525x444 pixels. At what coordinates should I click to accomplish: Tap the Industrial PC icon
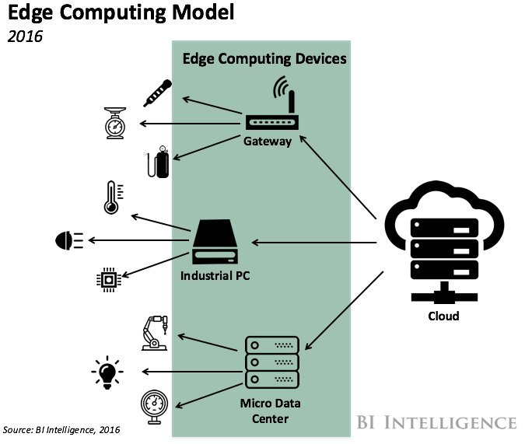tap(215, 242)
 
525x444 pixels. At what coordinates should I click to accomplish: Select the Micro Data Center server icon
tap(272, 362)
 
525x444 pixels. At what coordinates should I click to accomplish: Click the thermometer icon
tap(113, 198)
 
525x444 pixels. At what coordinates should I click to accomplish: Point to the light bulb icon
tap(107, 372)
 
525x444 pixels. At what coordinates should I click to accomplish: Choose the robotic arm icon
tap(155, 333)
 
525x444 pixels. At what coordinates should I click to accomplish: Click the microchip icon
tap(108, 280)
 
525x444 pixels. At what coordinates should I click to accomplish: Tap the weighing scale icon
tap(115, 123)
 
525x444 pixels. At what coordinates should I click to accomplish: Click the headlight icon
tap(69, 240)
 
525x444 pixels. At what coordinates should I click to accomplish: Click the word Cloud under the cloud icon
tap(443, 316)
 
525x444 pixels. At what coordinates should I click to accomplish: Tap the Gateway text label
tap(268, 142)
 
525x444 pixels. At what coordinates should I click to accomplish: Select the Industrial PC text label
tap(215, 275)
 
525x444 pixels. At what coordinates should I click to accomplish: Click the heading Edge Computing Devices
tap(264, 59)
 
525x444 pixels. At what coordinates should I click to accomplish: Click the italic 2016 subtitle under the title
tap(25, 37)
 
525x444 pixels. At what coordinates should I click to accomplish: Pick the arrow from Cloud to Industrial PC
tap(314, 243)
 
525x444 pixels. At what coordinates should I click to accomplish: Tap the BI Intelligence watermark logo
tap(436, 422)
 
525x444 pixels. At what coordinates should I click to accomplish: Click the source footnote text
tap(61, 429)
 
